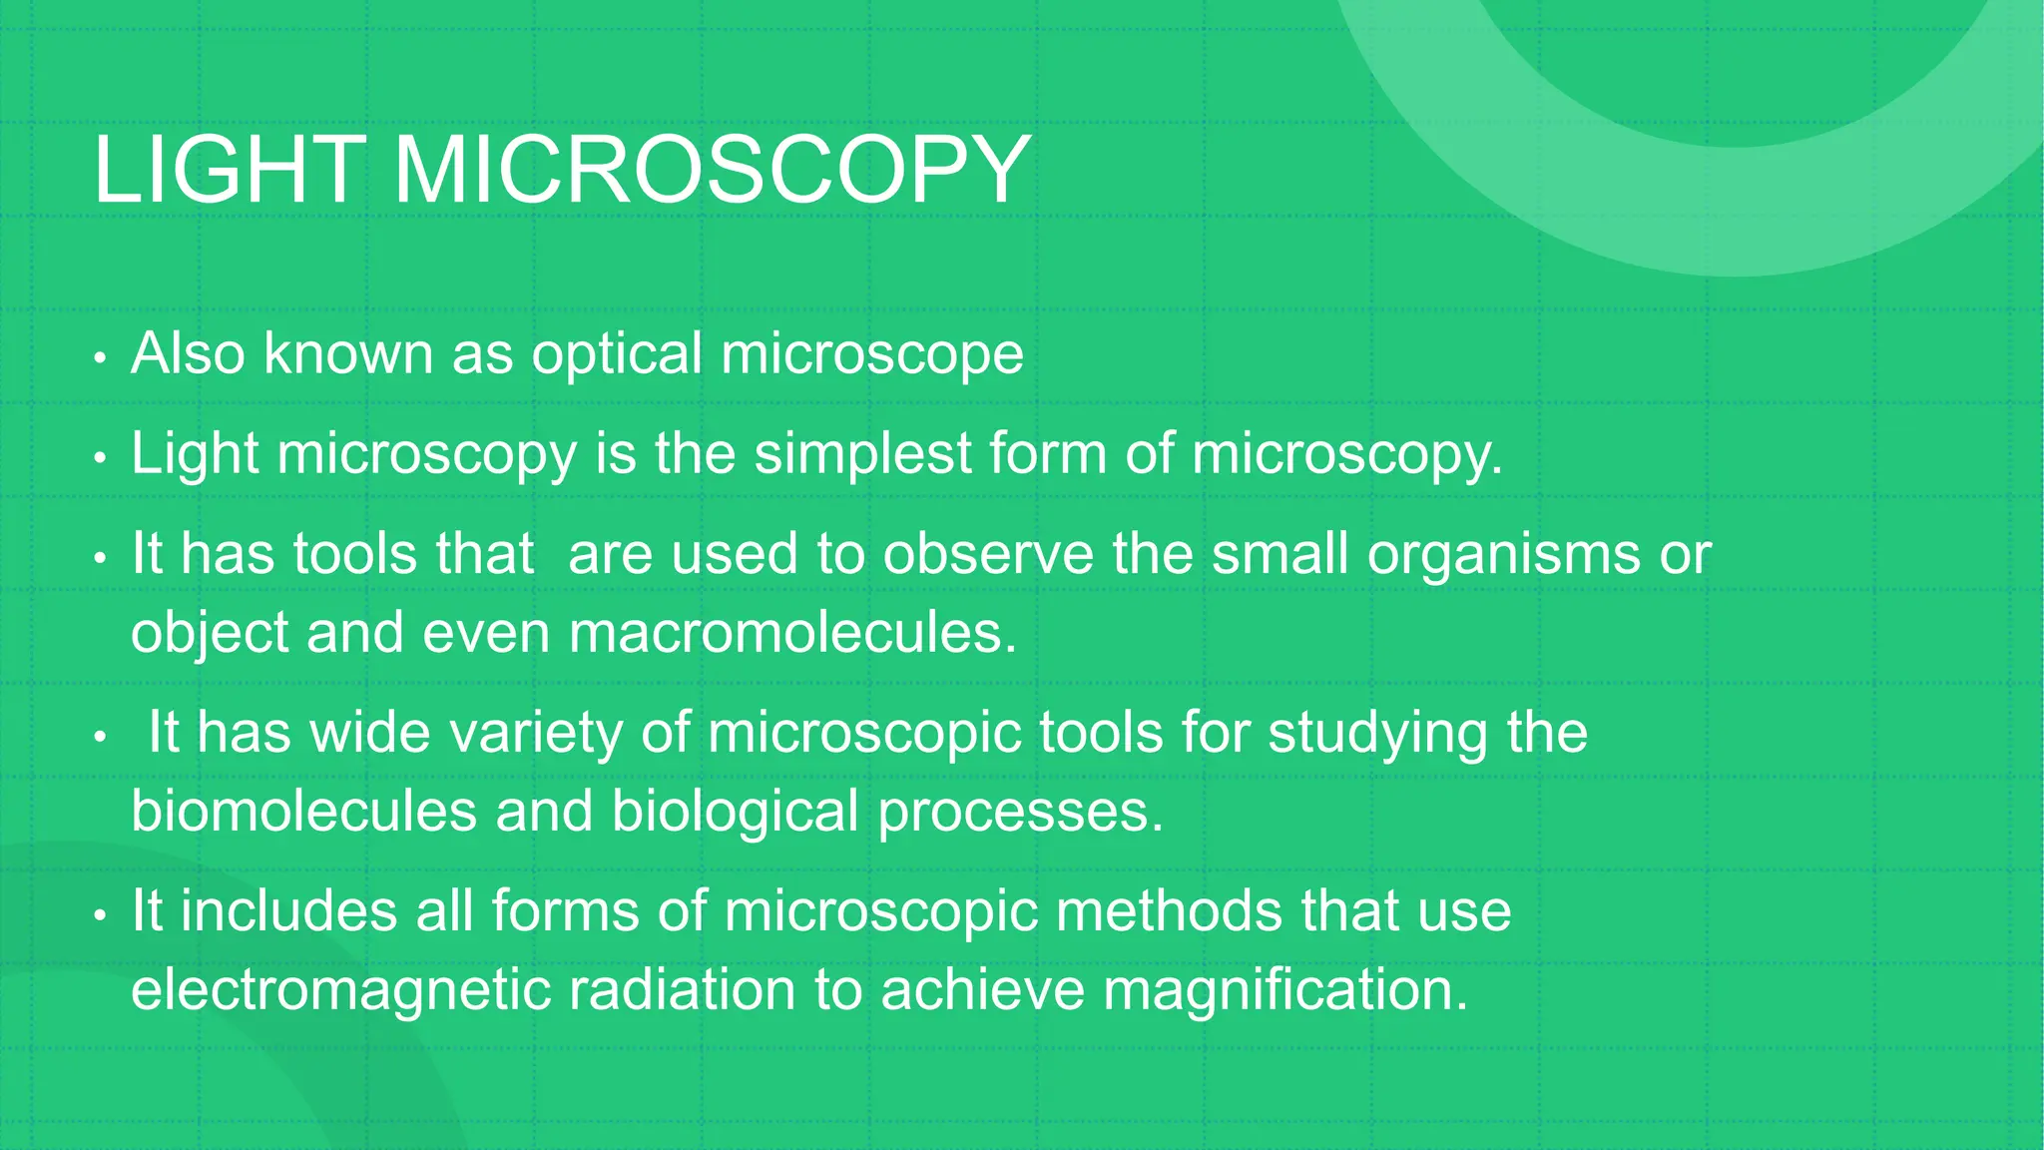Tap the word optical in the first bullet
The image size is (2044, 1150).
click(617, 353)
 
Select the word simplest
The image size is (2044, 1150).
click(861, 454)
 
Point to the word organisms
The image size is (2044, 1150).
click(1503, 555)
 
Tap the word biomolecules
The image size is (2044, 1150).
click(304, 811)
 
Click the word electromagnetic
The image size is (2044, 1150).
click(340, 990)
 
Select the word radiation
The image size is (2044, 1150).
click(682, 990)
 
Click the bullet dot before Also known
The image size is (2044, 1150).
click(99, 357)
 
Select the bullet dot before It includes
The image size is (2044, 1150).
click(99, 915)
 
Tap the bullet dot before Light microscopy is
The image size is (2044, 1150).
click(99, 458)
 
